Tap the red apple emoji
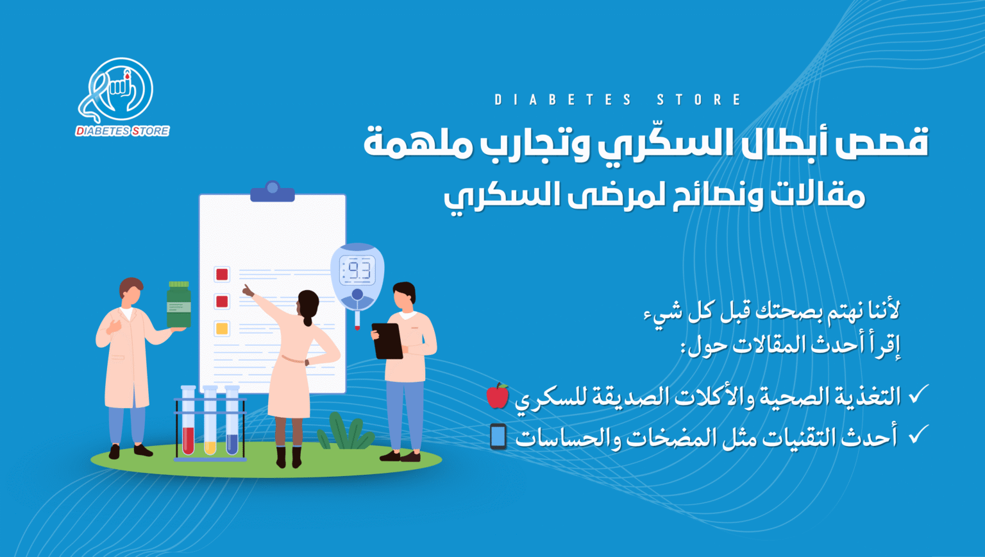(x=498, y=395)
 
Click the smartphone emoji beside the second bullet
(x=498, y=436)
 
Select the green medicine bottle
(x=179, y=304)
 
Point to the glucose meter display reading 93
(x=358, y=270)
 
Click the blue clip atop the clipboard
(x=272, y=191)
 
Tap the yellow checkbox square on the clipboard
(x=222, y=329)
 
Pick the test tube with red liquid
(x=188, y=420)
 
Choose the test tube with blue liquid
(x=232, y=420)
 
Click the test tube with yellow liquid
(x=210, y=420)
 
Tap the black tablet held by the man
(x=387, y=341)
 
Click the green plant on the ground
(x=346, y=432)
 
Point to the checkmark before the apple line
(x=919, y=394)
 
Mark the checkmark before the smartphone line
(x=919, y=434)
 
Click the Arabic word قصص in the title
(x=883, y=142)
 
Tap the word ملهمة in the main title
(x=417, y=144)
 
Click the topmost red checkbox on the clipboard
(x=222, y=275)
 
